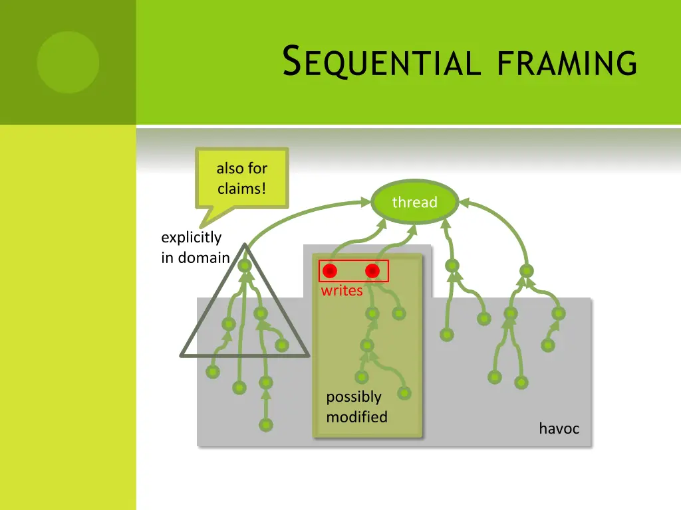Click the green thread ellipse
point(414,202)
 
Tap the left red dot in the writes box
point(330,271)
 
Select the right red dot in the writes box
point(372,271)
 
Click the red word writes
point(342,291)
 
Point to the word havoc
point(559,429)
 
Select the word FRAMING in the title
point(567,62)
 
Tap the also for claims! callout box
point(242,177)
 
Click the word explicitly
point(191,238)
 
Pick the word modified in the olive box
point(356,417)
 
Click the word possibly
point(354,397)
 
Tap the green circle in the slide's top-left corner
point(68,62)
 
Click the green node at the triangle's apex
point(245,266)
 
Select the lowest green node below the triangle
point(266,425)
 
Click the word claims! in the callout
point(242,189)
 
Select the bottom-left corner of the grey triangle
point(182,355)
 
